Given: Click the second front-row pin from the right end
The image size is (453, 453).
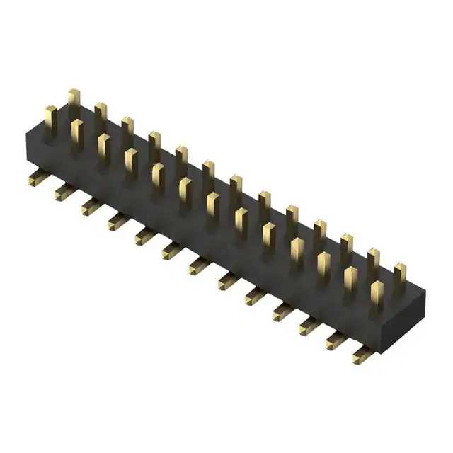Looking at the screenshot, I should click(350, 281).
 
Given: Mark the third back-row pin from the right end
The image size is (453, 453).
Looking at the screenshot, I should click(346, 247).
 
